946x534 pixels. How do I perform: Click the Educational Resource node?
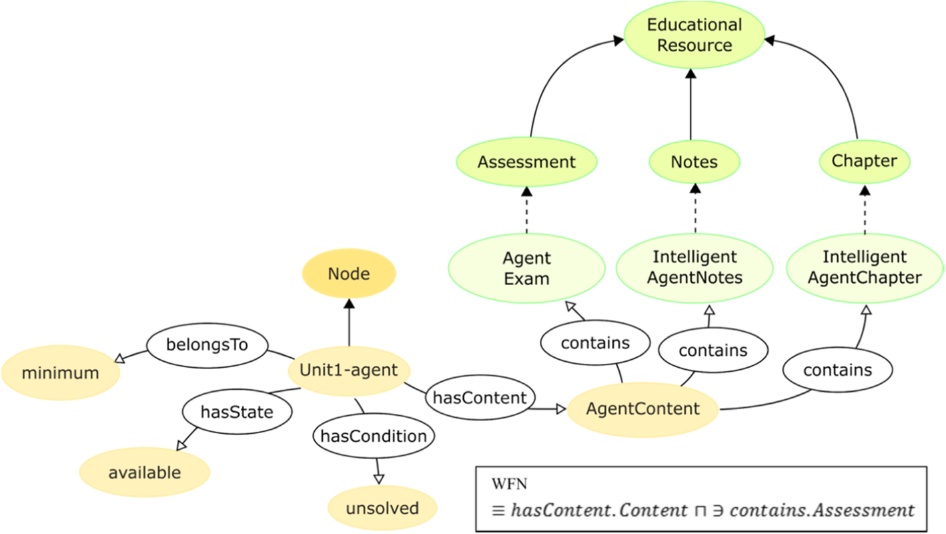tap(694, 35)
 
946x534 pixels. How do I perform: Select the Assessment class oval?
tap(526, 162)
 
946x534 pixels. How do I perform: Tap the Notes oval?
tap(694, 162)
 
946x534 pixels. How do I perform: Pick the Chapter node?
tap(864, 161)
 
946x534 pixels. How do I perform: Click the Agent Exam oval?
tap(526, 268)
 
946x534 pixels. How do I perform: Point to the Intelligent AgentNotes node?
tap(694, 268)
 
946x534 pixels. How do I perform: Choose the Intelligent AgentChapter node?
tap(865, 268)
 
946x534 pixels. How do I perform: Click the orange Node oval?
tap(349, 274)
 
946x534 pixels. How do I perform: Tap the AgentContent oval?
tap(642, 409)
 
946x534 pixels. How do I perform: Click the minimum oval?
tap(60, 373)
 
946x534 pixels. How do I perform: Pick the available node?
tap(145, 473)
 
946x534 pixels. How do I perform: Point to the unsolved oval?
tap(382, 509)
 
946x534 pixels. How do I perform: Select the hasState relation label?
tap(237, 412)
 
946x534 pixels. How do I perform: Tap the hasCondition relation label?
tap(374, 437)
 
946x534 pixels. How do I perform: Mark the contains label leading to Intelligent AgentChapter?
tap(837, 370)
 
